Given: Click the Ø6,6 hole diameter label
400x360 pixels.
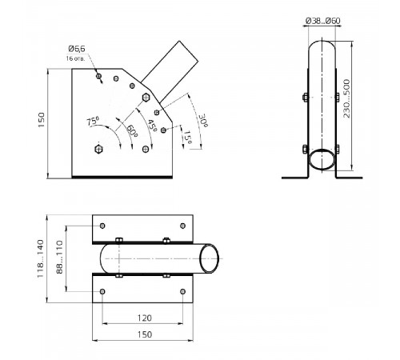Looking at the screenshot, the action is point(77,49).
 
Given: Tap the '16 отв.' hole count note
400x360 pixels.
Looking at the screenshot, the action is point(75,58).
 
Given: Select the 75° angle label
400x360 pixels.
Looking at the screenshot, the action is point(93,122).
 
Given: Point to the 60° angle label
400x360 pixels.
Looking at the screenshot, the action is point(132,130).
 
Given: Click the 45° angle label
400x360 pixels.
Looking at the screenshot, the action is point(152,125).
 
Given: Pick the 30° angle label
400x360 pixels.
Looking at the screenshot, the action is point(203,121).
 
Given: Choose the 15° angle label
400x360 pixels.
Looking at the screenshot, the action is point(188,137).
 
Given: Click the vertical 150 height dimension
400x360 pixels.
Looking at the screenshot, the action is point(42,120).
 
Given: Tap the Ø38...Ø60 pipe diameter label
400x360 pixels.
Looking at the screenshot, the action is point(323,21).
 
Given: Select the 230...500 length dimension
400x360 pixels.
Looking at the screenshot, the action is point(346,98).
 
